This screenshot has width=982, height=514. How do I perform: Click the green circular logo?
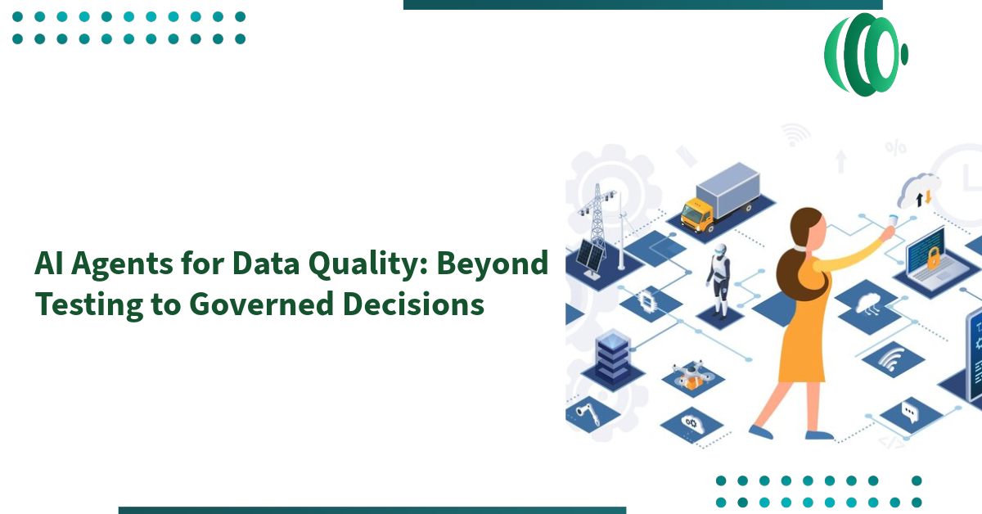coord(865,55)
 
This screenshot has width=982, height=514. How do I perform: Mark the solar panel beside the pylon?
coord(591,256)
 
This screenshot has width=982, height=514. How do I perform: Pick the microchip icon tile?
coord(647,299)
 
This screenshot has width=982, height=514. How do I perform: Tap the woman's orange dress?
coord(806,336)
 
